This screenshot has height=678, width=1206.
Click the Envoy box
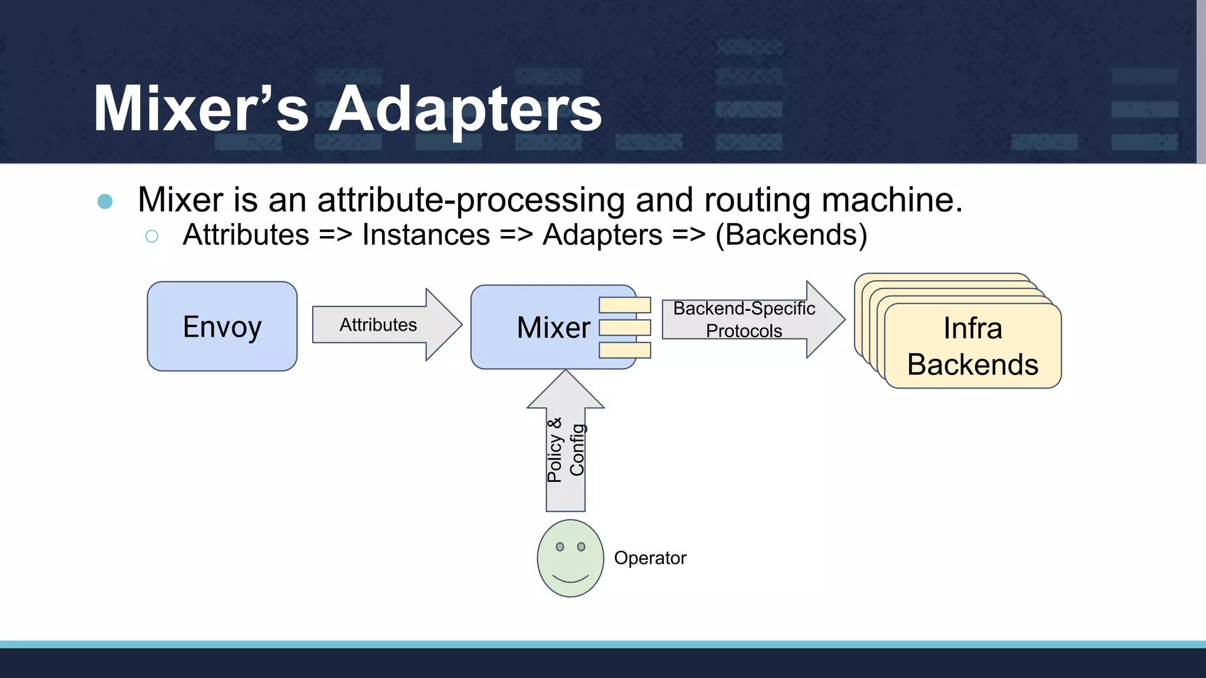(222, 326)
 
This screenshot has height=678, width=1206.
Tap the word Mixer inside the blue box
(553, 327)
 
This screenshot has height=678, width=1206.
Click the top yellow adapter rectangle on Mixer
(625, 305)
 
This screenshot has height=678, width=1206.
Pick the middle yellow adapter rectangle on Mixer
(625, 327)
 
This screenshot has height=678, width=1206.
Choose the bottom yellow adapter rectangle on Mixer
(625, 350)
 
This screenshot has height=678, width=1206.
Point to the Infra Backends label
(972, 346)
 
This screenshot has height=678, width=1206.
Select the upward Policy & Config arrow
(565, 447)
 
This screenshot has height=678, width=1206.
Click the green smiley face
(570, 558)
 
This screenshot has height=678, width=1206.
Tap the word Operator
(650, 558)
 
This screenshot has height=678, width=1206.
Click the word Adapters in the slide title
(465, 109)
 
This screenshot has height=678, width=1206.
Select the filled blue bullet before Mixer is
(105, 201)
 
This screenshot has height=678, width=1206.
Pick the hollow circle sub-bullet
(151, 236)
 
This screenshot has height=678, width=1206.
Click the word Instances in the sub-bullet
(426, 235)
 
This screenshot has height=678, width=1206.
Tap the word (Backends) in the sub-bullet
(791, 235)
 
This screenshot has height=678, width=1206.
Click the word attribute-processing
(471, 200)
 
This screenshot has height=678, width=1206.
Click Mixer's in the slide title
(201, 109)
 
